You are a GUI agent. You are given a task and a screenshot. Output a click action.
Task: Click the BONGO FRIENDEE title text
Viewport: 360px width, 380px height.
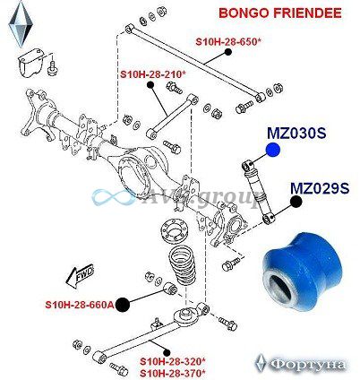pyautogui.click(x=280, y=13)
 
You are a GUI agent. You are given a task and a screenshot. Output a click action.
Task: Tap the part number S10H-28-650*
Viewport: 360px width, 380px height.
pyautogui.click(x=228, y=41)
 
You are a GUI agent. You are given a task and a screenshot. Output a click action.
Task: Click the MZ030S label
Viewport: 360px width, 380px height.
pyautogui.click(x=296, y=134)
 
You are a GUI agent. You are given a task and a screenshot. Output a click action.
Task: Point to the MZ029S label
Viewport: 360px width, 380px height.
pyautogui.click(x=320, y=188)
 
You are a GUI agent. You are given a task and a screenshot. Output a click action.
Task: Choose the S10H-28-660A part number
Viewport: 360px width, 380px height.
pyautogui.click(x=80, y=305)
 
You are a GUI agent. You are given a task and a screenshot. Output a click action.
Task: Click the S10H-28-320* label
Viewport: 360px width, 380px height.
pyautogui.click(x=173, y=362)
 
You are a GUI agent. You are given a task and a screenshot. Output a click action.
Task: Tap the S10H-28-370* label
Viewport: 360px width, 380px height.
pyautogui.click(x=173, y=373)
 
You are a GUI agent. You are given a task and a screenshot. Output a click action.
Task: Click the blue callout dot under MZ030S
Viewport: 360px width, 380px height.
pyautogui.click(x=272, y=150)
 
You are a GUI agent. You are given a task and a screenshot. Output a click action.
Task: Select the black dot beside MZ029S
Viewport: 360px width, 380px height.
pyautogui.click(x=296, y=202)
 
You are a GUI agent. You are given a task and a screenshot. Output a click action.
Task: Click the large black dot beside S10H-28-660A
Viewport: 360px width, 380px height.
pyautogui.click(x=123, y=305)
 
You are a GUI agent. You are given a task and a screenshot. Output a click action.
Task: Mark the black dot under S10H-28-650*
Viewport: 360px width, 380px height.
pyautogui.click(x=228, y=52)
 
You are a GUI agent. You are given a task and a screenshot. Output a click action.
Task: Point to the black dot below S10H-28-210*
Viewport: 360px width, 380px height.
pyautogui.click(x=150, y=85)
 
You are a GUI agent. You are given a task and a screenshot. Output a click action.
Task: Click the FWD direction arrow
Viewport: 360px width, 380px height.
pyautogui.click(x=80, y=275)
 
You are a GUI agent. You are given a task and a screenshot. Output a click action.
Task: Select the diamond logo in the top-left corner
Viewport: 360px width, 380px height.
pyautogui.click(x=21, y=24)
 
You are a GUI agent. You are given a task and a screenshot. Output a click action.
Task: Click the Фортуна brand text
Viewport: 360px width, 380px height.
pyautogui.click(x=307, y=365)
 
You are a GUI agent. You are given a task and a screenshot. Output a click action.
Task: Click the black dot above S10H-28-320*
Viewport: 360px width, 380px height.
pyautogui.click(x=167, y=351)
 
